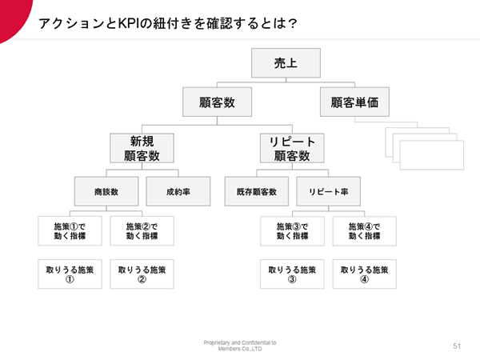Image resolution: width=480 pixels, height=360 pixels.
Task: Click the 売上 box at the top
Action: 286,62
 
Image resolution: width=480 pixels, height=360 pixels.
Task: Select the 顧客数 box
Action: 217,102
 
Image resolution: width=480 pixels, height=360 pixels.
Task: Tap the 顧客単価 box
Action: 354,102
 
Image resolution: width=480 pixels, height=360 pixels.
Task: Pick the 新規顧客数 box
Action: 142,148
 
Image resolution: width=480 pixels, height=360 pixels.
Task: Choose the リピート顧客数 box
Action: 292,148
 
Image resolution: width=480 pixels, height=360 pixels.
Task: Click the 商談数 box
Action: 106,191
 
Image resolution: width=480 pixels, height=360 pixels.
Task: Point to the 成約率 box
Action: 178,191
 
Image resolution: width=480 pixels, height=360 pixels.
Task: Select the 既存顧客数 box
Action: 257,191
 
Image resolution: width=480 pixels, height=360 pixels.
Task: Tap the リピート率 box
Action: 329,191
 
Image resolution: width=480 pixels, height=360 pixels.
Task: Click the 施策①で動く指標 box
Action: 70,231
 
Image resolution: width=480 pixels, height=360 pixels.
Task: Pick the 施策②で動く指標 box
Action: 142,231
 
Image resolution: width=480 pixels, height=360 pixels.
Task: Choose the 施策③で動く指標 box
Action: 292,231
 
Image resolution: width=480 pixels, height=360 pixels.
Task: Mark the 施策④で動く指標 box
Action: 365,231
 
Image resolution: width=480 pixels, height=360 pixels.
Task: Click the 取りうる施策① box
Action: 70,274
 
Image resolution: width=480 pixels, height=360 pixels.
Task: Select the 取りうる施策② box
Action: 142,274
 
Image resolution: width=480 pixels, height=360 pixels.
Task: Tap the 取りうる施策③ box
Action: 292,274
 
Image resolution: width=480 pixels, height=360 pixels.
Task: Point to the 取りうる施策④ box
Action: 365,274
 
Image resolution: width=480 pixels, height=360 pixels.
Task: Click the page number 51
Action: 457,346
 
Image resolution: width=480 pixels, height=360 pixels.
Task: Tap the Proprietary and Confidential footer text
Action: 240,346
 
